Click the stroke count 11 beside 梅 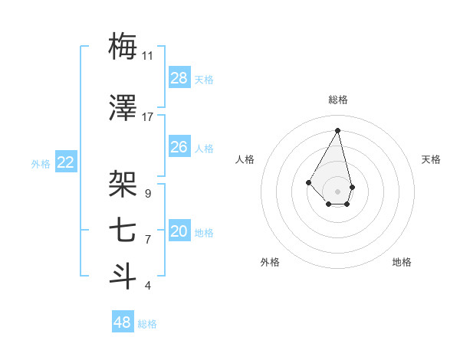click(147, 56)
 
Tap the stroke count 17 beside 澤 click(147, 117)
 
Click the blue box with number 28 click(179, 77)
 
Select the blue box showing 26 click(179, 146)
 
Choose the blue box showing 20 click(179, 231)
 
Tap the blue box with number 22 click(66, 162)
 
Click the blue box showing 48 click(123, 322)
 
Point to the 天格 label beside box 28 click(204, 79)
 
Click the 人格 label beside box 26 click(204, 148)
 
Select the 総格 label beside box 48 click(147, 324)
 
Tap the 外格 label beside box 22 click(41, 163)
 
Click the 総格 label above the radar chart click(337, 100)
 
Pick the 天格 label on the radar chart click(431, 159)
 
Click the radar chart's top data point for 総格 click(337, 129)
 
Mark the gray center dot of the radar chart click(337, 190)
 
